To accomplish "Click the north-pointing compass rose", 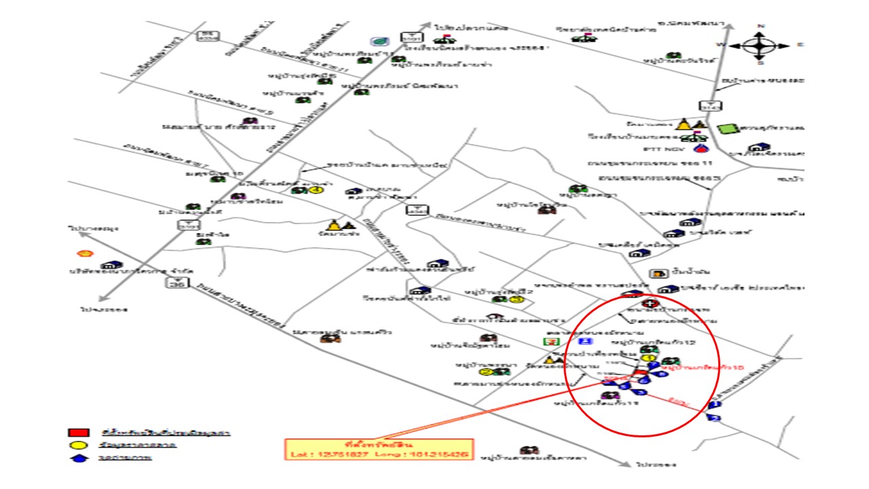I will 760,46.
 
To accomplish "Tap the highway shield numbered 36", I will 178,285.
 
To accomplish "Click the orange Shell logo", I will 84,253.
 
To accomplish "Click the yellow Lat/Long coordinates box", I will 378,450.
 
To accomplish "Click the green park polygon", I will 728,128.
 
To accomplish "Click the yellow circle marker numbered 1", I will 648,358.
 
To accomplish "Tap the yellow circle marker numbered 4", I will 316,190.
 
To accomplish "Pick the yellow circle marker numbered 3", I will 518,299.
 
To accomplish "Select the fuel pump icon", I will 657,274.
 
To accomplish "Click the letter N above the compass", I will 760,26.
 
